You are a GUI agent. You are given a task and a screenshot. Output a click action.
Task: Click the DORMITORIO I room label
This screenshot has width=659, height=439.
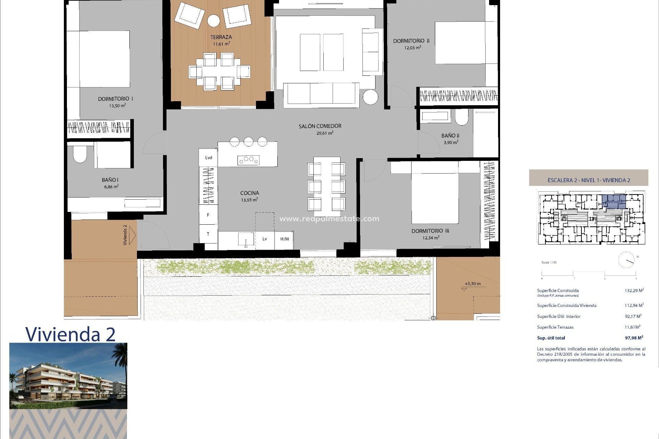115,99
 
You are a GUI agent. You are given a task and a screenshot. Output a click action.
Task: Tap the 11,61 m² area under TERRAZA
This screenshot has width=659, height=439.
221,44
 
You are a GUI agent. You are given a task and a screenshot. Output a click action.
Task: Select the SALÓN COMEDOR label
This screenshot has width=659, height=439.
320,126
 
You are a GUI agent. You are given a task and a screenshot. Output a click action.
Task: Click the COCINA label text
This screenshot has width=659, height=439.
250,193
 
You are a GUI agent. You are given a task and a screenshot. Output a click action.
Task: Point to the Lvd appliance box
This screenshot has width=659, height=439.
208,158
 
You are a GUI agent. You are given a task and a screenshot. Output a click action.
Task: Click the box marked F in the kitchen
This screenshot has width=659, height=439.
208,215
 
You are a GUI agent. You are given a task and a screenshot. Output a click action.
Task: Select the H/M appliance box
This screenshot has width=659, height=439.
284,239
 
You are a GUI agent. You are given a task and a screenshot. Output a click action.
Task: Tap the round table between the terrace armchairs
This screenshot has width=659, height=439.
213,21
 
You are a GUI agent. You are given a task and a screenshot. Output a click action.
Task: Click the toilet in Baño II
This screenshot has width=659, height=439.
462,118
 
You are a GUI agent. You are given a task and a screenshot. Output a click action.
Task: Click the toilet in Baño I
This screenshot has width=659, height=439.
80,155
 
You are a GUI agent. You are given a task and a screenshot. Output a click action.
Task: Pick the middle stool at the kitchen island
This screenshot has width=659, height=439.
248,141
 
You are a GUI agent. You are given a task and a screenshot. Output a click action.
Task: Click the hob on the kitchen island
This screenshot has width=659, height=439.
248,159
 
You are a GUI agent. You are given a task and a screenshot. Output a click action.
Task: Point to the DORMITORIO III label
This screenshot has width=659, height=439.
430,231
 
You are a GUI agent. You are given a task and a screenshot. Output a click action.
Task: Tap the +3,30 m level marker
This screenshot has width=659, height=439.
473,284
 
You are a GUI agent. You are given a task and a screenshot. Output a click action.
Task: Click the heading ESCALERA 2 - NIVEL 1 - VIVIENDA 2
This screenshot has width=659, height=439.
589,180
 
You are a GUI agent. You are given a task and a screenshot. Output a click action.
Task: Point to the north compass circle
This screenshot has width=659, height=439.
626,260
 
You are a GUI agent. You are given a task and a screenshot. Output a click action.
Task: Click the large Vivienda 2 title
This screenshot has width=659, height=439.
70,334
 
